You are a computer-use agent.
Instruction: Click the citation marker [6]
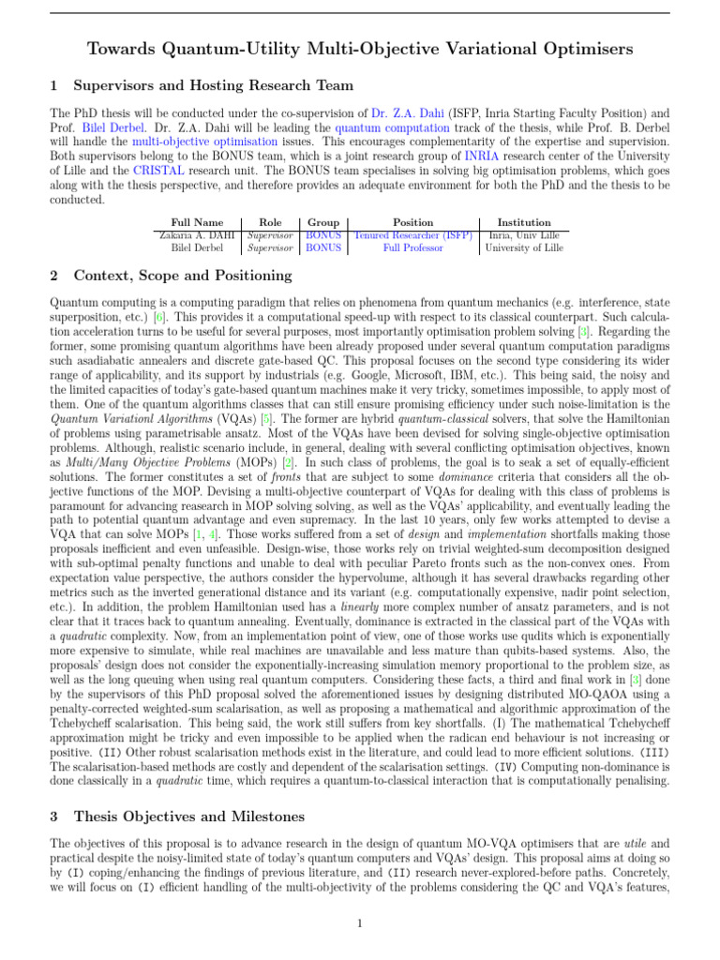[x=161, y=318]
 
